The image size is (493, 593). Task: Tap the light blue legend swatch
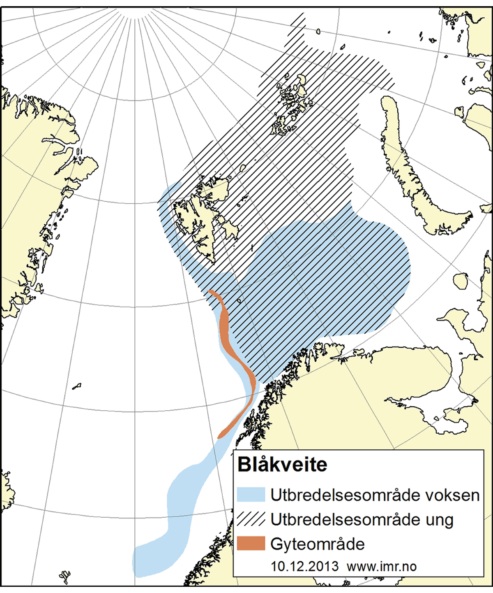251,494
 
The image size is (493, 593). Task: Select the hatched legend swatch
251,519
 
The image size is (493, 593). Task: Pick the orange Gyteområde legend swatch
251,543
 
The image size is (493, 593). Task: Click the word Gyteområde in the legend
317,544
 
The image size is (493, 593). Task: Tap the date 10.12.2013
304,566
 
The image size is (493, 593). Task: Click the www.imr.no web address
382,567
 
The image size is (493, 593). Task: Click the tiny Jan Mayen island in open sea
77,386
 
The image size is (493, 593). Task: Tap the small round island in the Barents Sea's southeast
461,282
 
